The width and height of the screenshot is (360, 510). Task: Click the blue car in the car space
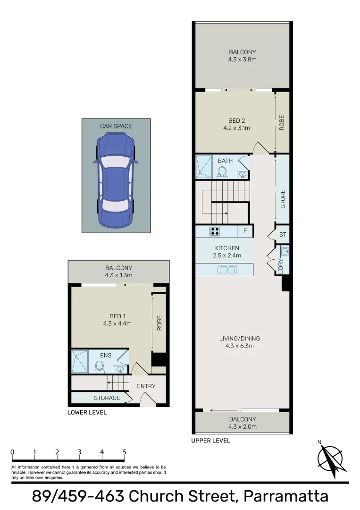116,179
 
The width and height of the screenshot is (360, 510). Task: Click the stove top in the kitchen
215,231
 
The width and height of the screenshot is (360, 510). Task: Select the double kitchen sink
227,270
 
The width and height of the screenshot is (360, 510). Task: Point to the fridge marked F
245,231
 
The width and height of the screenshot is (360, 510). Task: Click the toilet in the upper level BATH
222,172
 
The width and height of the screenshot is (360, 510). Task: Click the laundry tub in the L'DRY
285,251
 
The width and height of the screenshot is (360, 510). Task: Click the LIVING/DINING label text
239,339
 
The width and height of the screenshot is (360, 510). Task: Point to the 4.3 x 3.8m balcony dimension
243,59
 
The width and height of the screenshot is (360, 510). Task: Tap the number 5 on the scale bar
125,452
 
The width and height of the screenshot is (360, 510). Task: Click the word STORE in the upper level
283,199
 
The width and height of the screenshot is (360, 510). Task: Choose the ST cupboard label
283,235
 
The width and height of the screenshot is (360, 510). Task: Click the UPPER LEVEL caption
210,441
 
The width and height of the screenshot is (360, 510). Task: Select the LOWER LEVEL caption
87,412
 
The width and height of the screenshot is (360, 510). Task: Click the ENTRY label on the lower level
146,386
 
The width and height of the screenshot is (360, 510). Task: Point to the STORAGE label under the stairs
107,398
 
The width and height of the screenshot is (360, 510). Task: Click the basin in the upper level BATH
243,175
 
